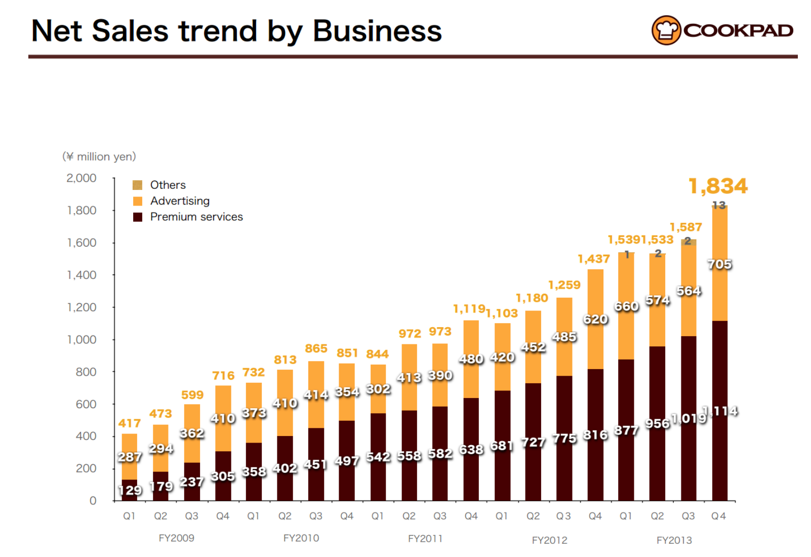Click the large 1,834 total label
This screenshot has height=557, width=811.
point(718,186)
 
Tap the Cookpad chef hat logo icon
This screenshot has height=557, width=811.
point(666,30)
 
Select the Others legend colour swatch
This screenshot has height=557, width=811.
point(137,185)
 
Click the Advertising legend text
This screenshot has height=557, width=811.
point(180,201)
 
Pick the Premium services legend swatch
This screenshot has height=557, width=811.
point(137,217)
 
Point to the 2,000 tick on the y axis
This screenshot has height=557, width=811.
point(82,178)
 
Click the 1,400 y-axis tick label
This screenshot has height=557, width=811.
point(82,275)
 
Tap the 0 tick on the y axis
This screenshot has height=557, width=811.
point(93,501)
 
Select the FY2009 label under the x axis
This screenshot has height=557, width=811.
point(176,538)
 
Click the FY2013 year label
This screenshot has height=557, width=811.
point(674,540)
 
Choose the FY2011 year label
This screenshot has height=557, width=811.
point(425,539)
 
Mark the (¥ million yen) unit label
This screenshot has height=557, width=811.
point(99,156)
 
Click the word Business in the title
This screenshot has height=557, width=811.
point(377,31)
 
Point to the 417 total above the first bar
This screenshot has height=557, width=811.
point(130,423)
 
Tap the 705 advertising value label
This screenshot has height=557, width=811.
point(719,264)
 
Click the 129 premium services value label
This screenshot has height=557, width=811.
point(130,490)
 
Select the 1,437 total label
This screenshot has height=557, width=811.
point(594,259)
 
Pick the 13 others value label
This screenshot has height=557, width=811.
point(719,205)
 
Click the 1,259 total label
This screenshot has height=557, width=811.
point(564,285)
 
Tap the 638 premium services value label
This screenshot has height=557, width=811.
point(471,450)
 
